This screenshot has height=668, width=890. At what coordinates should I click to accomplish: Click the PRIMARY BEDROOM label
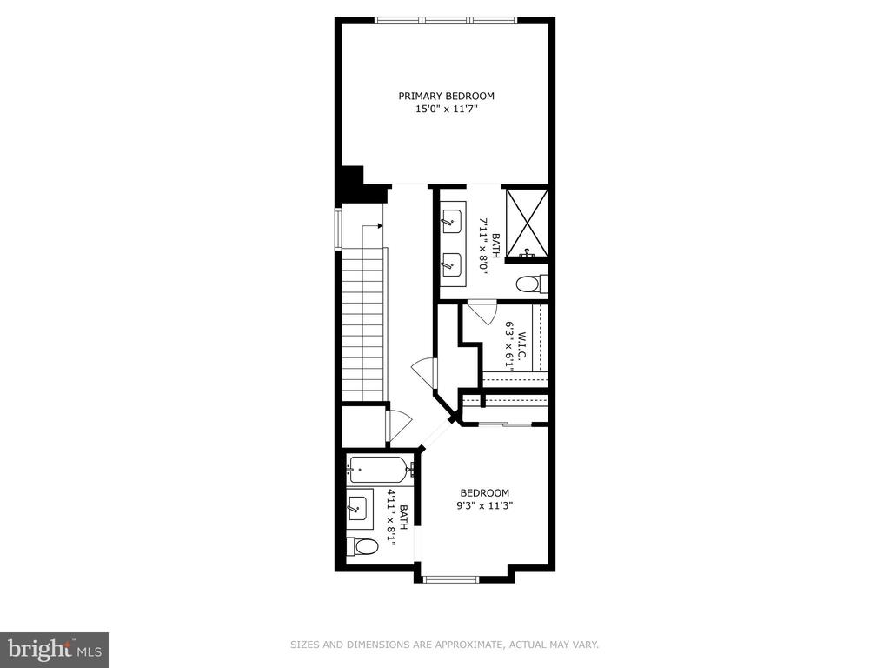[x=446, y=96]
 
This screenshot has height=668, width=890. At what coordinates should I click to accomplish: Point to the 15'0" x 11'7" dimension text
[x=446, y=110]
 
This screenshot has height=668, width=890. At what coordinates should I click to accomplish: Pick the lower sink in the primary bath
[x=451, y=262]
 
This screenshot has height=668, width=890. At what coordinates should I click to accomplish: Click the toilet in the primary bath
[x=529, y=284]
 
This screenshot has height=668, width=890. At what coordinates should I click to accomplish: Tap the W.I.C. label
[x=522, y=341]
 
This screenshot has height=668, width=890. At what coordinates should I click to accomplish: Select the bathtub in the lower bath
[x=378, y=471]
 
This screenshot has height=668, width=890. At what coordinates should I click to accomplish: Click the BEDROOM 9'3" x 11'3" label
[x=484, y=499]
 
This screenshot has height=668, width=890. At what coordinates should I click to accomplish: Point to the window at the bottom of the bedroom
[x=450, y=577]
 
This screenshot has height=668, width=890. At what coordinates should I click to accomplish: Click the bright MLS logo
[x=54, y=649]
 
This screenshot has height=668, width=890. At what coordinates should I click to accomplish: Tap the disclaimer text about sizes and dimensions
[x=445, y=645]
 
